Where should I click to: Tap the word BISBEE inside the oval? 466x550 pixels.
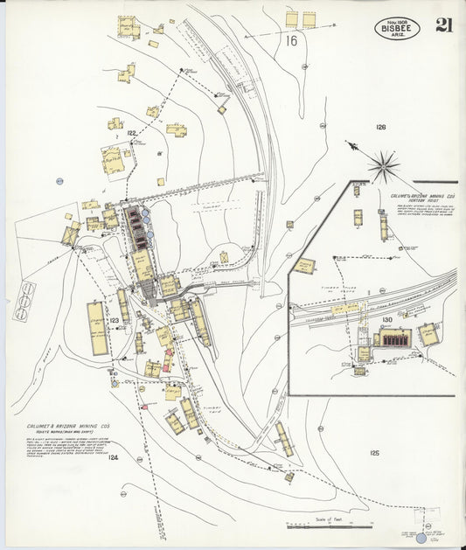pyautogui.click(x=398, y=28)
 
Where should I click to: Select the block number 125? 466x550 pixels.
pyautogui.click(x=375, y=452)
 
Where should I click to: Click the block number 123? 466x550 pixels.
pyautogui.click(x=114, y=321)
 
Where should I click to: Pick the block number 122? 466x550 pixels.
pyautogui.click(x=131, y=133)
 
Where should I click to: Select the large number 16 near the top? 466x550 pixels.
pyautogui.click(x=290, y=40)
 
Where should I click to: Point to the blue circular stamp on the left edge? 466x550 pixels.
pyautogui.click(x=59, y=181)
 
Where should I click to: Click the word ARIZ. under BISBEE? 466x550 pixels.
pyautogui.click(x=398, y=36)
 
